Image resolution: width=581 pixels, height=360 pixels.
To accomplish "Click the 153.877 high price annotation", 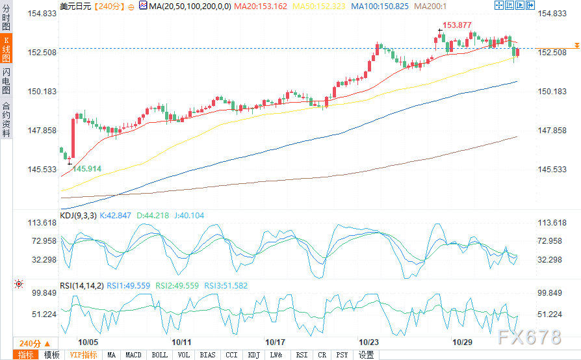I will pyautogui.click(x=457, y=25).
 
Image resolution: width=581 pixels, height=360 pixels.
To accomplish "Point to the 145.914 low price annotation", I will pyautogui.click(x=86, y=168).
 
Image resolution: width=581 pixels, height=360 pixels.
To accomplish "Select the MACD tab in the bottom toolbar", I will pyautogui.click(x=133, y=355).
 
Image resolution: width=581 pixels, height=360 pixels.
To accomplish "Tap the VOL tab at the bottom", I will pyautogui.click(x=183, y=355).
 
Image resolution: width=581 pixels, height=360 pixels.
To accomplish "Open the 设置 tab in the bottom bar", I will pyautogui.click(x=367, y=355).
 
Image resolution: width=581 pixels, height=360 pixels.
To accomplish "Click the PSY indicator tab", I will pyautogui.click(x=342, y=355).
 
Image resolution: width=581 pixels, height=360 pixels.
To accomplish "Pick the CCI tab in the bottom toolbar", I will pyautogui.click(x=231, y=355).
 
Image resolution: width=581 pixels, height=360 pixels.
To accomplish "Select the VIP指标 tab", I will pyautogui.click(x=83, y=355).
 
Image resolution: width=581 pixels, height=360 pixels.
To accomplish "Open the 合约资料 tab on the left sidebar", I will pyautogui.click(x=6, y=120).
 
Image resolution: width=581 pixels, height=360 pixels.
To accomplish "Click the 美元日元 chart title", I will pyautogui.click(x=75, y=6).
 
